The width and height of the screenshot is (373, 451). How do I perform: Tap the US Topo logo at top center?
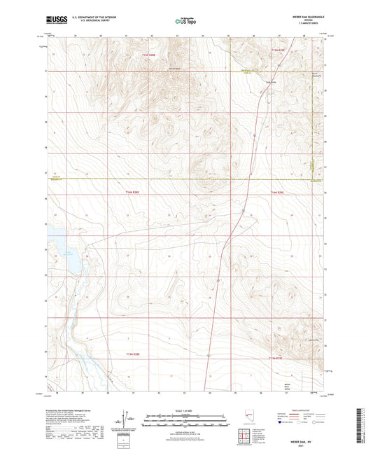point(185,22)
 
